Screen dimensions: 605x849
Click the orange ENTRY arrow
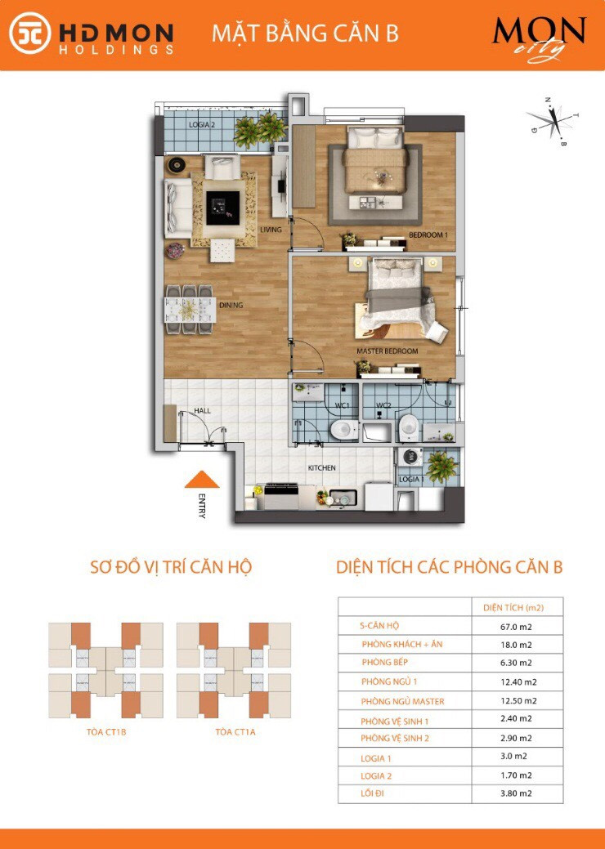[202, 480]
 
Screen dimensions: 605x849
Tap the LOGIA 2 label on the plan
[202, 125]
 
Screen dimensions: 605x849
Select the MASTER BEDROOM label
[388, 351]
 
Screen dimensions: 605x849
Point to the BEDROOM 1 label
[428, 235]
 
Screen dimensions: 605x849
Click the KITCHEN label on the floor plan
[322, 468]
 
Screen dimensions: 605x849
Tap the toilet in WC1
[343, 430]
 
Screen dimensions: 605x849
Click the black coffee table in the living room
[222, 208]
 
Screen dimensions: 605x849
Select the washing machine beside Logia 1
[410, 457]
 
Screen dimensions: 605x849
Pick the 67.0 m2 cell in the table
[517, 627]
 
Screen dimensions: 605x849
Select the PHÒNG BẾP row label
[385, 662]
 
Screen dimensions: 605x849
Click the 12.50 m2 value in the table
[518, 700]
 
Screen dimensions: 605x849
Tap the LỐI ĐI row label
[372, 793]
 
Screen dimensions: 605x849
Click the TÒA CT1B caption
[106, 732]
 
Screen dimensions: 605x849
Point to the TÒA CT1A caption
[235, 732]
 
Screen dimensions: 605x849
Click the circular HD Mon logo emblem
[30, 34]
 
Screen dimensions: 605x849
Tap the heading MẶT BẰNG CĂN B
[305, 34]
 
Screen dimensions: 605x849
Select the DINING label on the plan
[231, 306]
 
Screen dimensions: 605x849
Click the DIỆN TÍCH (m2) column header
[513, 607]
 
